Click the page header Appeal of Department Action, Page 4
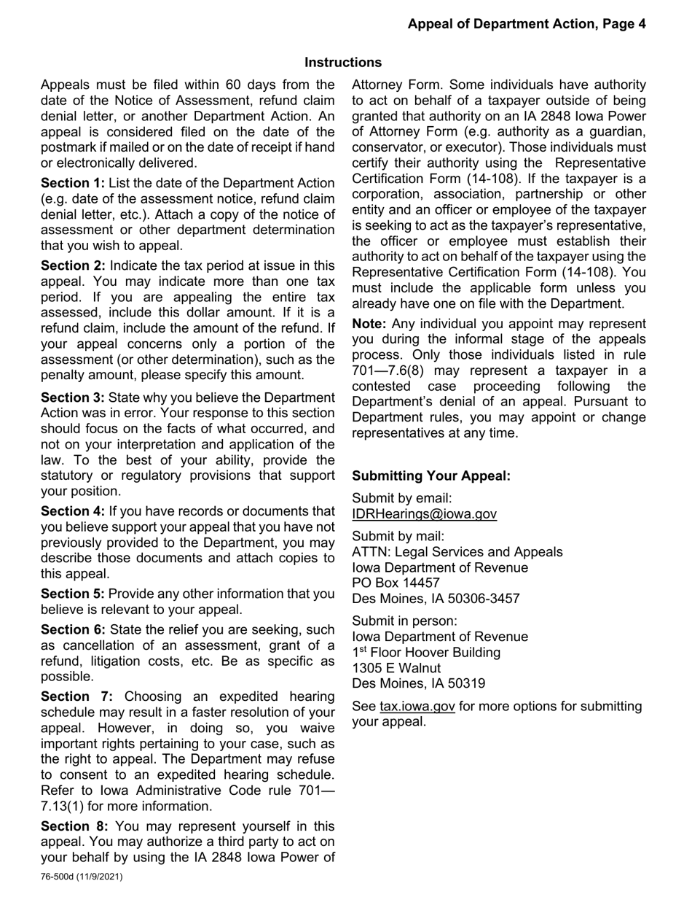pyautogui.click(x=526, y=24)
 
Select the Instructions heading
pyautogui.click(x=343, y=63)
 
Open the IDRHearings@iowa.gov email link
pyautogui.click(x=424, y=514)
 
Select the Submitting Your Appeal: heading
pyautogui.click(x=431, y=476)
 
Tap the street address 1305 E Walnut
pyautogui.click(x=396, y=668)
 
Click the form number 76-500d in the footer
pyautogui.click(x=60, y=877)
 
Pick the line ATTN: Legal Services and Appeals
pyautogui.click(x=457, y=553)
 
